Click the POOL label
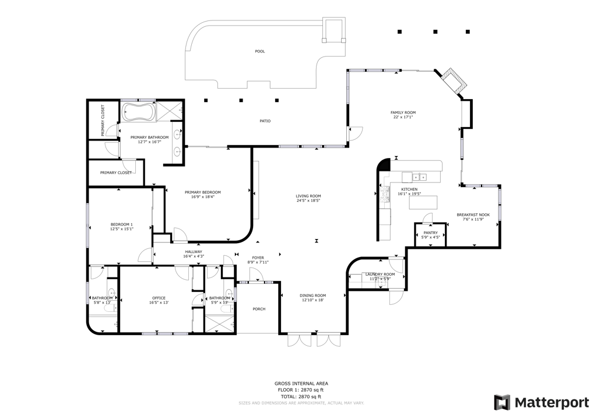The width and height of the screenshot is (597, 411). pos(260,51)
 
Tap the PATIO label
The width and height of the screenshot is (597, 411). pos(265,121)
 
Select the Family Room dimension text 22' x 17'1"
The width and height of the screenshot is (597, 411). pos(403,117)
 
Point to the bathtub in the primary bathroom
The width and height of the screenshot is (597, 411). pos(138,112)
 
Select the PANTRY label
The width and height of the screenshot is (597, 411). pos(430,233)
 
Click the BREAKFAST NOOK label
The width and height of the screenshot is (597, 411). pos(473,215)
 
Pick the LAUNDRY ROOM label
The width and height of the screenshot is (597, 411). pos(380,274)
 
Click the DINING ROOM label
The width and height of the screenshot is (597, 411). pos(312,296)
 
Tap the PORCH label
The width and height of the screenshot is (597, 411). pos(259,309)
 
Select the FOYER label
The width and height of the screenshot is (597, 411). pos(258,258)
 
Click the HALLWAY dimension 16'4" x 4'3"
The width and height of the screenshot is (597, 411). pos(194,256)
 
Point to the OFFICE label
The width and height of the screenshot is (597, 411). pos(159,298)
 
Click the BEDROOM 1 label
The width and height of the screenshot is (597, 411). pos(122,224)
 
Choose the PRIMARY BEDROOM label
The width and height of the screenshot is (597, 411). pos(202,192)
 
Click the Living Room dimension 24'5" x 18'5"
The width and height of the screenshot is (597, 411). pos(308,201)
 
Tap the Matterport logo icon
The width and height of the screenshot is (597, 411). pos(501,402)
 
